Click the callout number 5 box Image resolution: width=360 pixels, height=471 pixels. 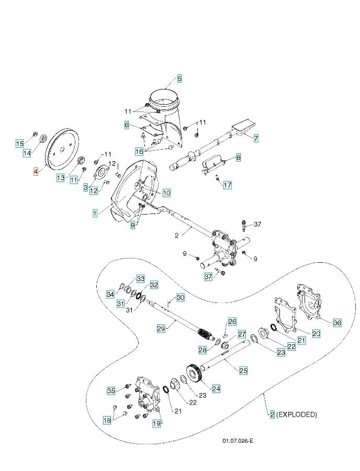click(x=179, y=79)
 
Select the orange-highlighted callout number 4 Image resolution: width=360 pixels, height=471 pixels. click(x=36, y=171)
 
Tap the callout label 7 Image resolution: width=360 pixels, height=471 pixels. click(x=256, y=138)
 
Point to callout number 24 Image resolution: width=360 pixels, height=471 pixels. click(x=216, y=388)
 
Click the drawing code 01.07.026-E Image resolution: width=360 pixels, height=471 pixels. click(x=237, y=441)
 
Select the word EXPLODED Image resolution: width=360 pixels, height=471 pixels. click(x=297, y=414)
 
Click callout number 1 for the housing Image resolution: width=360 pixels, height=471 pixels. click(x=95, y=213)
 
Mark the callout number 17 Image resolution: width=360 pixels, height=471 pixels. click(x=227, y=185)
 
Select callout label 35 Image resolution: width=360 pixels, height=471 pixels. click(x=111, y=390)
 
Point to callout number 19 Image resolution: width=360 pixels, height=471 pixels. click(x=156, y=423)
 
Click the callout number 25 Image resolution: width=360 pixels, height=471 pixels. click(x=243, y=371)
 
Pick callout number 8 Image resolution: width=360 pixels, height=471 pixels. click(x=238, y=156)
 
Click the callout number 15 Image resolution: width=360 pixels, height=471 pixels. click(x=19, y=143)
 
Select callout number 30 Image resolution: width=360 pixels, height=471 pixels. click(x=180, y=298)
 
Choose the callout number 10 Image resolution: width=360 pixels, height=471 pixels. click(x=166, y=193)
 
